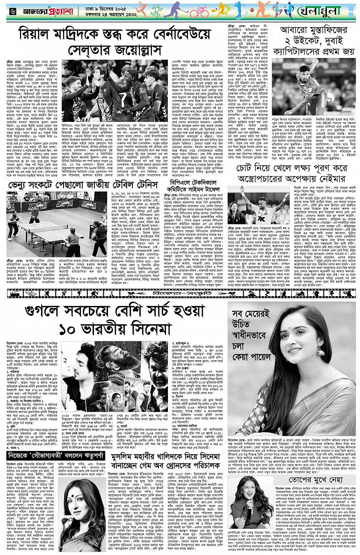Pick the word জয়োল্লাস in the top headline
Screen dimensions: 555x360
coord(187,51)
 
